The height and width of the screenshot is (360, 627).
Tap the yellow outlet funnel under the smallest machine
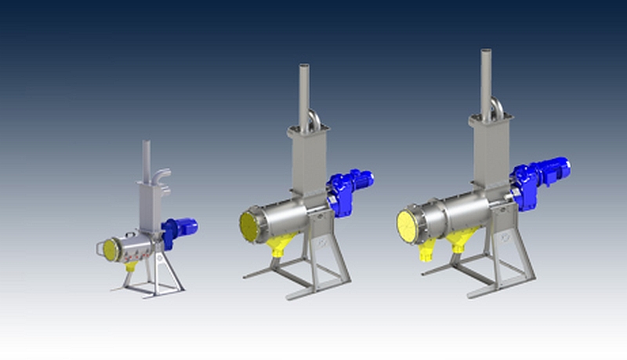tap(132, 267)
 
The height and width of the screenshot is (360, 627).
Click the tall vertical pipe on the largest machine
tap(486, 82)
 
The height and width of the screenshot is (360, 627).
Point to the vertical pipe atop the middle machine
tap(303, 94)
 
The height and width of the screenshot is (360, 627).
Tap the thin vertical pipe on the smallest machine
tap(145, 161)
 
